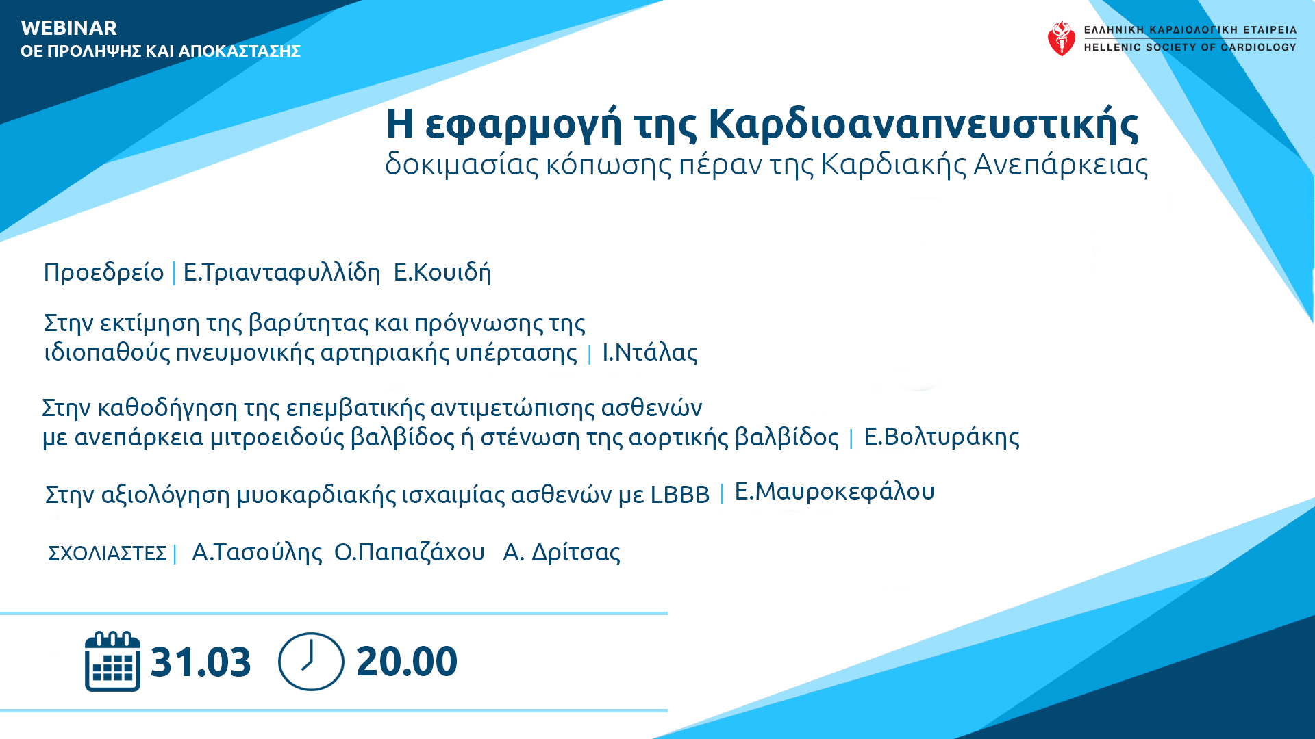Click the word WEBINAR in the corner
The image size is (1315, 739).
coord(69,28)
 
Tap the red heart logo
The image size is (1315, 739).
coord(1062,38)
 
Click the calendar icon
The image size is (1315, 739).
coord(112,661)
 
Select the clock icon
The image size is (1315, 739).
coord(311,661)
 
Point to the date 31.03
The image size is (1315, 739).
coord(201,662)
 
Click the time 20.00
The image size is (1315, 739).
coord(407,662)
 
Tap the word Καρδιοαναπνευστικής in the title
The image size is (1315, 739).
coord(923,124)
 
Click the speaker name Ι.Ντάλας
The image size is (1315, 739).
coord(650,352)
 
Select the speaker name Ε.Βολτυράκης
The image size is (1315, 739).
coord(942,437)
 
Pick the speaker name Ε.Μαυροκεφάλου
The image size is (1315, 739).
coord(834,491)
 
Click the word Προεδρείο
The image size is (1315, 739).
coord(103,272)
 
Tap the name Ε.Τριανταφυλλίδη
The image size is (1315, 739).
coord(281,272)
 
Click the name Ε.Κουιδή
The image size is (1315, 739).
coord(442,272)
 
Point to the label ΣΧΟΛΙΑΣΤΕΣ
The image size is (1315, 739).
coord(107,553)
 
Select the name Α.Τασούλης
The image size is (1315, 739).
coord(257,552)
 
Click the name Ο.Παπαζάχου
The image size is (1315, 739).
coord(410,552)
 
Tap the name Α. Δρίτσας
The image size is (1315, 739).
coord(562,552)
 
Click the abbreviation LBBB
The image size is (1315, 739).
coord(680,495)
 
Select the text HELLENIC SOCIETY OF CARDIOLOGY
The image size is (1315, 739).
coord(1190,47)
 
